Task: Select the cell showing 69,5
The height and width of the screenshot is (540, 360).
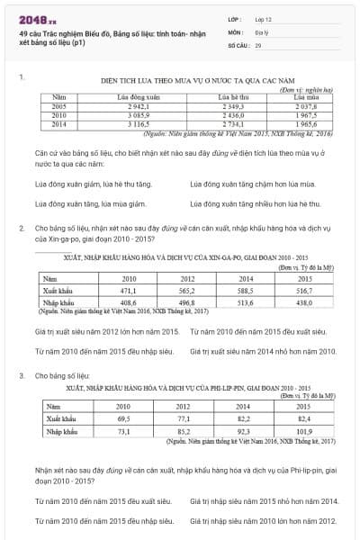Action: click(x=122, y=418)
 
